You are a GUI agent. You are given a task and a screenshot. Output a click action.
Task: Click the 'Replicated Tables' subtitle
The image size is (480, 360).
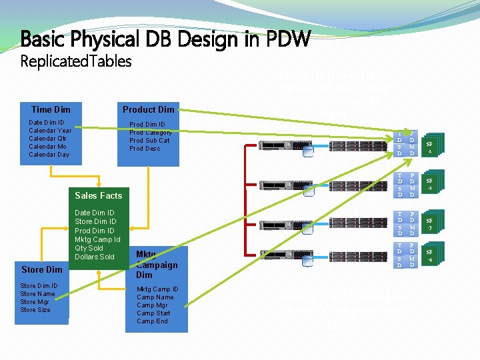[x=76, y=62]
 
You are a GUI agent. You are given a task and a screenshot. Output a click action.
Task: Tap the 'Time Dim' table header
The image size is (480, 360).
[x=51, y=109]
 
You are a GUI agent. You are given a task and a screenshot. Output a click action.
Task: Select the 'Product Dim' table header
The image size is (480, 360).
[x=148, y=109]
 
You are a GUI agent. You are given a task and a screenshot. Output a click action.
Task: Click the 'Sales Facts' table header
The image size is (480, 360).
[x=99, y=195]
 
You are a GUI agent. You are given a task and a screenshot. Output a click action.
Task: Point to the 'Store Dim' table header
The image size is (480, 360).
[x=41, y=269]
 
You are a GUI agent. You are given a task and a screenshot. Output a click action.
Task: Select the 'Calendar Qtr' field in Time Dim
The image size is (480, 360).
[x=47, y=139]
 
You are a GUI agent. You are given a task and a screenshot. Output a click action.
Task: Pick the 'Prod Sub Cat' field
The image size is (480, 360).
[x=149, y=141]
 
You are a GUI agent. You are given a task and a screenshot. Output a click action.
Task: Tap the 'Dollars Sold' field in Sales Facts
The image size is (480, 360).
[x=95, y=257]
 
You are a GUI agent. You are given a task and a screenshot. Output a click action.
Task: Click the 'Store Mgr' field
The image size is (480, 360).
[x=37, y=302]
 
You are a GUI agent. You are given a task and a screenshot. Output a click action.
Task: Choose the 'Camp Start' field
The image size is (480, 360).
[x=153, y=313]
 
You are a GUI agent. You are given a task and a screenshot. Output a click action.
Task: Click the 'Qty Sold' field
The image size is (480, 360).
[x=89, y=248]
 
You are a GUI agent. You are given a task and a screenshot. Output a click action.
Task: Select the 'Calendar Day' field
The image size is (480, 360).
[x=49, y=155]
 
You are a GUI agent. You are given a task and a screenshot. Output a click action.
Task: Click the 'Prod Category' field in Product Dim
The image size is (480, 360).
[x=151, y=133]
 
